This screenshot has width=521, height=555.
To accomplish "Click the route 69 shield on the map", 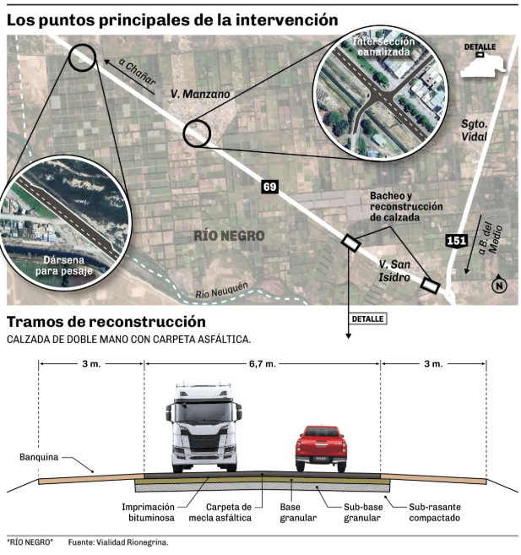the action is pyautogui.click(x=270, y=187).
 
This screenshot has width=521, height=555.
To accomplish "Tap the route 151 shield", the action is pyautogui.click(x=456, y=241).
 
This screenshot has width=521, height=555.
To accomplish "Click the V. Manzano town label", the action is pyautogui.click(x=200, y=94).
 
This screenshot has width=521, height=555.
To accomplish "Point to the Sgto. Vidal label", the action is pyautogui.click(x=474, y=130).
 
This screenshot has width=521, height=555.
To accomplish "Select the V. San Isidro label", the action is pyautogui.click(x=394, y=271).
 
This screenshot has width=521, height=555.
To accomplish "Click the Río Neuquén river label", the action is pyautogui.click(x=222, y=291).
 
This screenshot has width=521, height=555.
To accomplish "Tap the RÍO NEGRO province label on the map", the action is pyautogui.click(x=229, y=236).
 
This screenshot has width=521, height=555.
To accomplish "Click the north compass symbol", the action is pyautogui.click(x=499, y=285).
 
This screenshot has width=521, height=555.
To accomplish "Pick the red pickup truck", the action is pyautogui.click(x=321, y=449).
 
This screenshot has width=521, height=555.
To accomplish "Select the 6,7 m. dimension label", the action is pyautogui.click(x=263, y=363).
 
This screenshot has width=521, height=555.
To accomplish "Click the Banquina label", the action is pyautogui.click(x=39, y=457).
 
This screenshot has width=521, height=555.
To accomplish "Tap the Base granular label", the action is pyautogui.click(x=298, y=513).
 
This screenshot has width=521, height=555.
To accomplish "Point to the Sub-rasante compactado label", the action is pyautogui.click(x=435, y=513).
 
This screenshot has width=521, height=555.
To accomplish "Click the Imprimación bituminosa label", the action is pyautogui.click(x=149, y=513).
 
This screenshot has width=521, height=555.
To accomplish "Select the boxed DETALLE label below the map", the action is pyautogui.click(x=368, y=319).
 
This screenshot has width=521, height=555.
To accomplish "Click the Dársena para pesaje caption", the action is pyautogui.click(x=63, y=265).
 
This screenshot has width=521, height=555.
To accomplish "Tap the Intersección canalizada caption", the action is pyautogui.click(x=383, y=46).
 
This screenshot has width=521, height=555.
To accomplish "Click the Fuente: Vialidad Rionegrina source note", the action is pyautogui.click(x=118, y=542).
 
